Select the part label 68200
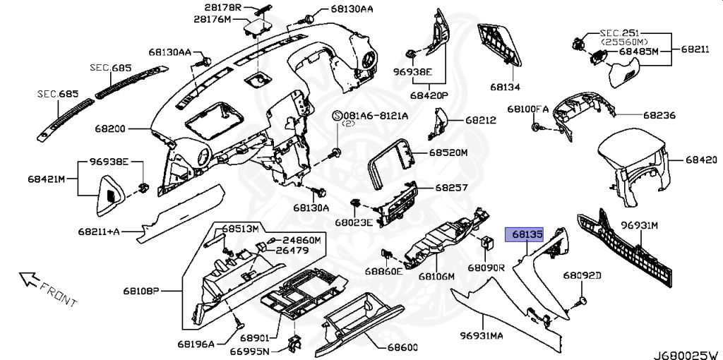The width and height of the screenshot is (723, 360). tap(111, 129)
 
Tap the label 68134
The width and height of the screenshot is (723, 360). tap(506, 88)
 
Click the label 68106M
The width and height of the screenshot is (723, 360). tap(436, 277)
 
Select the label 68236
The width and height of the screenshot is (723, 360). tap(659, 114)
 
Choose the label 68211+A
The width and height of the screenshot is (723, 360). tap(100, 230)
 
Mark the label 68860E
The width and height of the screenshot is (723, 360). tap(384, 271)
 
